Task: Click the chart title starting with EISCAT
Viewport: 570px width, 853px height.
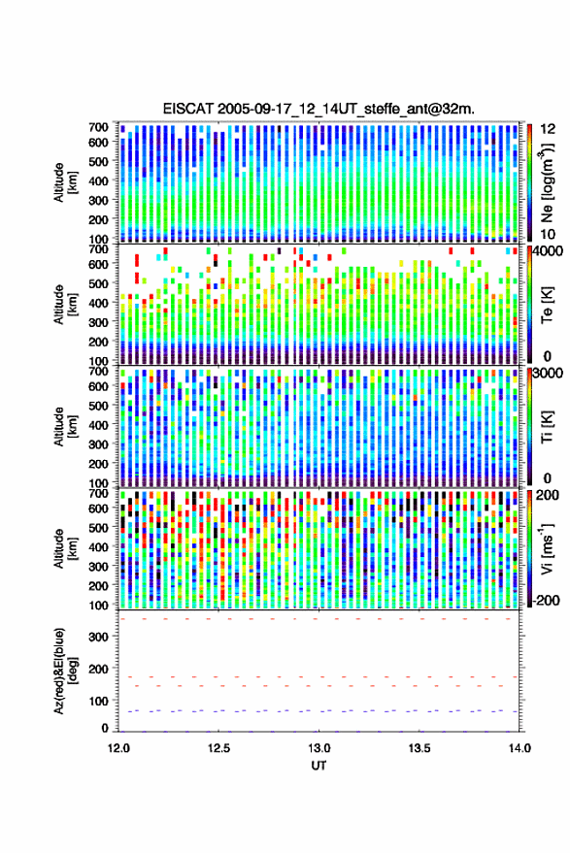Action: (x=319, y=109)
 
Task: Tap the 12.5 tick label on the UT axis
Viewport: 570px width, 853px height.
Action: (x=218, y=748)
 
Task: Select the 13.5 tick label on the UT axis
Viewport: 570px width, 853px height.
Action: (x=419, y=748)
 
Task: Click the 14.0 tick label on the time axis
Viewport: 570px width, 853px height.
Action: (x=520, y=748)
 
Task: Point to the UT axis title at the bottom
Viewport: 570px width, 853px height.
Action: (x=319, y=766)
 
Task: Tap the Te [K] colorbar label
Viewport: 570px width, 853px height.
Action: (x=547, y=305)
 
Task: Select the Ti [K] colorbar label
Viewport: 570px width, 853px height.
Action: (x=547, y=427)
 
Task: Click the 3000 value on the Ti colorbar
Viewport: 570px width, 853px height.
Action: (x=547, y=374)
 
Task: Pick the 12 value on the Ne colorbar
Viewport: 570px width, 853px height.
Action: (x=549, y=129)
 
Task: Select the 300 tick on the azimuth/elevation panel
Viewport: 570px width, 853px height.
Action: (x=98, y=637)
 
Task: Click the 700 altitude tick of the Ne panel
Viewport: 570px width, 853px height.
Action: (x=98, y=127)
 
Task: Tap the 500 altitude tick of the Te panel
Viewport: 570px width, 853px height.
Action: (x=98, y=283)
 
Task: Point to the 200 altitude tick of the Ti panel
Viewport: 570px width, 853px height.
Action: (x=98, y=464)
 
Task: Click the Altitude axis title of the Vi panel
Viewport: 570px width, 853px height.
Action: (x=65, y=548)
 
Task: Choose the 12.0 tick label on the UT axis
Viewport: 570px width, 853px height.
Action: (x=118, y=748)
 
